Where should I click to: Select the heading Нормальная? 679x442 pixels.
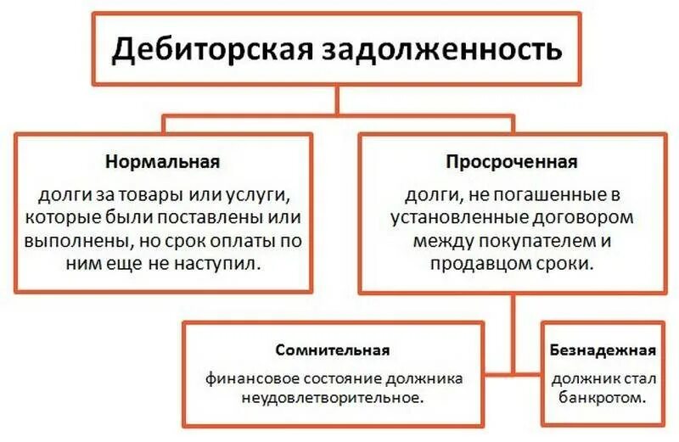tap(164, 161)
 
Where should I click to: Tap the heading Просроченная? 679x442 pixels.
tap(513, 161)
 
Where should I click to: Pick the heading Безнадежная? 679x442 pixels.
tap(602, 350)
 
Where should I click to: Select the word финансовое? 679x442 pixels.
tap(241, 378)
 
